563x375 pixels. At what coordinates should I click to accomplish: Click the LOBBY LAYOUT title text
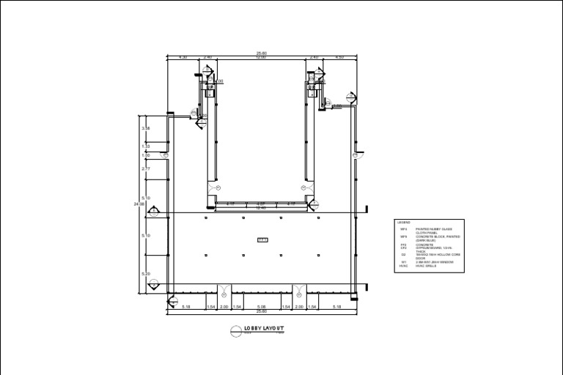pyautogui.click(x=265, y=329)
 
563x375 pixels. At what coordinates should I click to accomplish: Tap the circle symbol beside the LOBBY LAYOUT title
pyautogui.click(x=236, y=331)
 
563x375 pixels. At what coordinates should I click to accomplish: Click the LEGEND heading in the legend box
pyautogui.click(x=404, y=223)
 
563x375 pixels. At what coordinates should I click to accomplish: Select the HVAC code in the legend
pyautogui.click(x=403, y=266)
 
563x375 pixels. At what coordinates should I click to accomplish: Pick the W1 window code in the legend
pyautogui.click(x=403, y=262)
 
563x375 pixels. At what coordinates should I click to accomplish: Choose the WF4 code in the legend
pyautogui.click(x=403, y=229)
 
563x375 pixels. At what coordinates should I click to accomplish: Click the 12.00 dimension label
pyautogui.click(x=261, y=57)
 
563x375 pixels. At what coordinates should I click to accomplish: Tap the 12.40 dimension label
pyautogui.click(x=260, y=209)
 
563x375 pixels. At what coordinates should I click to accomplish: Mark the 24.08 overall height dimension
pyautogui.click(x=139, y=204)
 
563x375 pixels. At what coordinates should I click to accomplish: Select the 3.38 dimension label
pyautogui.click(x=146, y=129)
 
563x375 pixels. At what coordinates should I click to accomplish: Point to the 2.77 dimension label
pyautogui.click(x=146, y=169)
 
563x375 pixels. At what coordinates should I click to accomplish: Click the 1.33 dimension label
pyautogui.click(x=146, y=146)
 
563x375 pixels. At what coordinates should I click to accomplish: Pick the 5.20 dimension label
pyautogui.click(x=146, y=274)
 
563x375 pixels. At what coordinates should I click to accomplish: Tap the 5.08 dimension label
pyautogui.click(x=262, y=306)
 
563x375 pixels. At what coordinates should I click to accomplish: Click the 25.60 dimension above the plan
pyautogui.click(x=262, y=53)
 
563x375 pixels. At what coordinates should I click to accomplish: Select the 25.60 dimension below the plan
pyautogui.click(x=262, y=312)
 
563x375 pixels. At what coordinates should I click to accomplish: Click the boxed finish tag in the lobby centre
pyautogui.click(x=262, y=240)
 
